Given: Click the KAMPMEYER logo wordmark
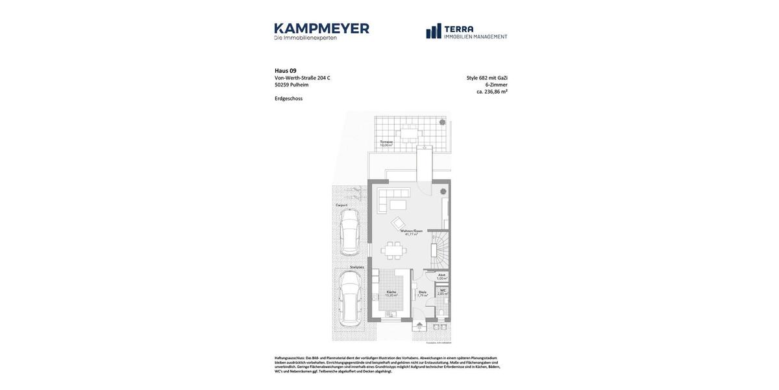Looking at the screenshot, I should (321, 29).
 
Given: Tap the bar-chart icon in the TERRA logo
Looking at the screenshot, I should (434, 31).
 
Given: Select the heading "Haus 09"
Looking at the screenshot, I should (286, 71).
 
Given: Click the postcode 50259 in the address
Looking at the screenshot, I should (282, 85).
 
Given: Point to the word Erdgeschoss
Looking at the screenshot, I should (289, 99).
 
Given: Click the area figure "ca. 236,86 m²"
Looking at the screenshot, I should (492, 92).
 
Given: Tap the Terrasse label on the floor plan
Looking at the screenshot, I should (386, 142).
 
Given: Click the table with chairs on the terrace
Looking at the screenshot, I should (410, 135).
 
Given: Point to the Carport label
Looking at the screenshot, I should (341, 205).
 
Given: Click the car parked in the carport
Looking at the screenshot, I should (349, 231).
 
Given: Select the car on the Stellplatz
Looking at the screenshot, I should (350, 299).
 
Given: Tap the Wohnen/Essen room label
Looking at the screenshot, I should (412, 231).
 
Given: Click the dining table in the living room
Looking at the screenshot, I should (393, 250).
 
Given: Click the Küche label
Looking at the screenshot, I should (391, 292).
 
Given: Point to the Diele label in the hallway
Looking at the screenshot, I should (422, 292).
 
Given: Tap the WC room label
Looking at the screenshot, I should (443, 291).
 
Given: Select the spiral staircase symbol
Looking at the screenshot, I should (440, 250).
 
